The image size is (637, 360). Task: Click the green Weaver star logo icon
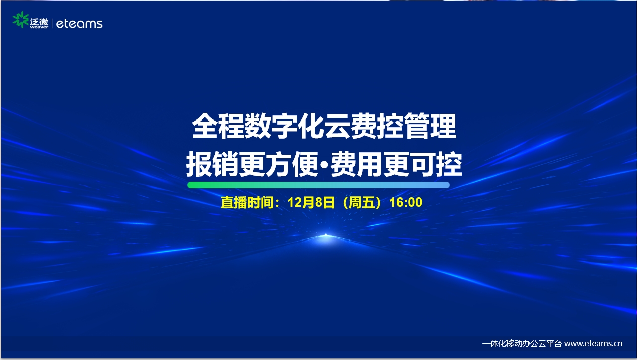click(x=21, y=20)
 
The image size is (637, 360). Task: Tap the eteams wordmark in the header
click(x=79, y=24)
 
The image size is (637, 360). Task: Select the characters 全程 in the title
click(x=218, y=126)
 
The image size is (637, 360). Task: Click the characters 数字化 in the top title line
click(x=285, y=126)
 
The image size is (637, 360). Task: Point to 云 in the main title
click(x=337, y=126)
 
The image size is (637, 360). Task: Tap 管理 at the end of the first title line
click(x=430, y=126)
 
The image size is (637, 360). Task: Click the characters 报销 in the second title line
click(x=212, y=164)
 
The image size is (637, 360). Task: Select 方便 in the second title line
click(x=291, y=164)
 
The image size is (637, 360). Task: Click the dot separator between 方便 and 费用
click(x=325, y=165)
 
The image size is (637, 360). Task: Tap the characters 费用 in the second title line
click(x=356, y=164)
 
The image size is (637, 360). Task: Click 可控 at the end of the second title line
click(x=435, y=164)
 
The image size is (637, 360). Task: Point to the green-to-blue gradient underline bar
click(x=318, y=185)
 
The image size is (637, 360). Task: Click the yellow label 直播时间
click(x=247, y=202)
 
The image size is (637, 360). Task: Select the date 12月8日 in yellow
click(x=311, y=202)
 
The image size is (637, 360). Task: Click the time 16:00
click(x=406, y=202)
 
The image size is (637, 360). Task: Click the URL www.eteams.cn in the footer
click(x=593, y=344)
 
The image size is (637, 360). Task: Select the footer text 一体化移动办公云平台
click(x=522, y=344)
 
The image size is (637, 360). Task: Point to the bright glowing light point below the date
click(x=326, y=235)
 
